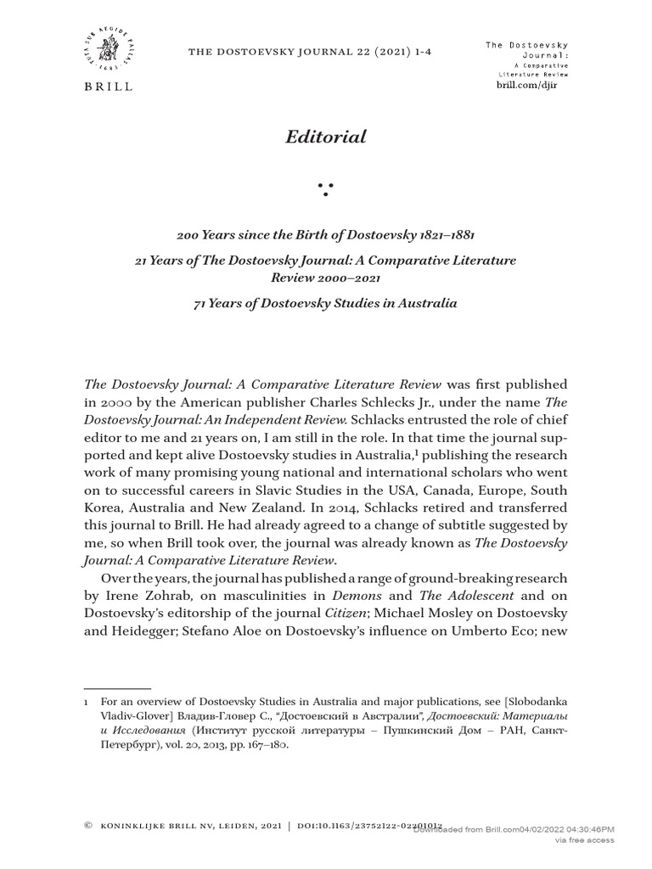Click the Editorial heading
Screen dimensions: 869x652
point(326,137)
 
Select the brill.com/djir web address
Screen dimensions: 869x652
point(532,87)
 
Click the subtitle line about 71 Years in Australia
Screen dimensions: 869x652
point(326,303)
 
